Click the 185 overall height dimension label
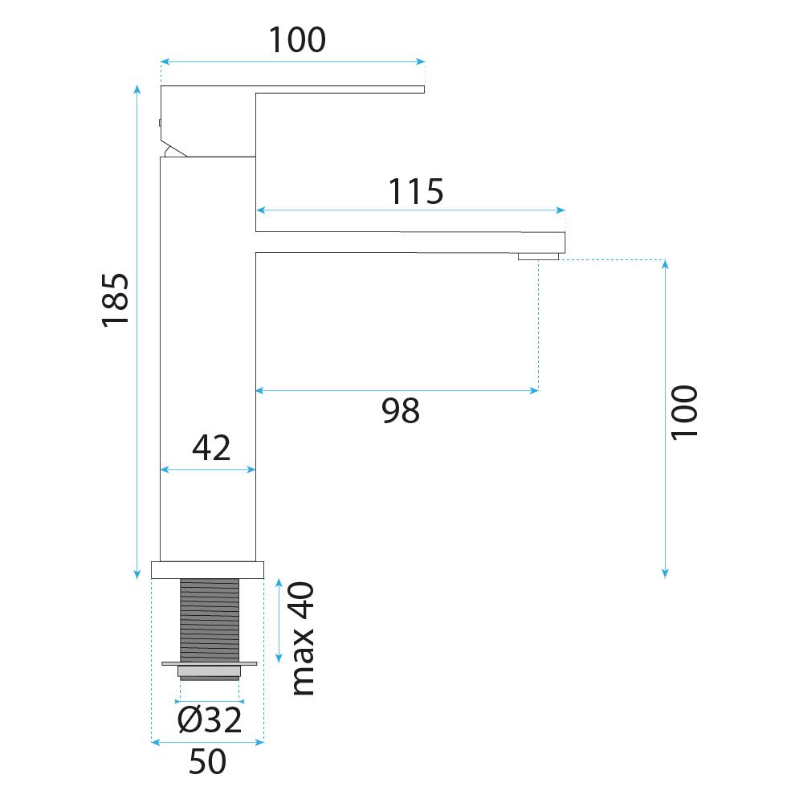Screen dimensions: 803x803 tap(116, 300)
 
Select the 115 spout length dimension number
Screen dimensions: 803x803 tap(416, 192)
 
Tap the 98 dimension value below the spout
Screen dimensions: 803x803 tap(401, 410)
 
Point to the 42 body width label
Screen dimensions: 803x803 tap(211, 448)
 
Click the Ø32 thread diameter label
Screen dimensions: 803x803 tap(210, 720)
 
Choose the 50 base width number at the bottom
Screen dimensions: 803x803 tap(207, 761)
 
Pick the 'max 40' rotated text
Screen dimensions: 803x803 tap(303, 638)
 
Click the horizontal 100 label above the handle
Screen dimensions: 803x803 tap(297, 39)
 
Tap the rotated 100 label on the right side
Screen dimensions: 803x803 tap(684, 412)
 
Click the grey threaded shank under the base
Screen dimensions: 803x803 tap(210, 620)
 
